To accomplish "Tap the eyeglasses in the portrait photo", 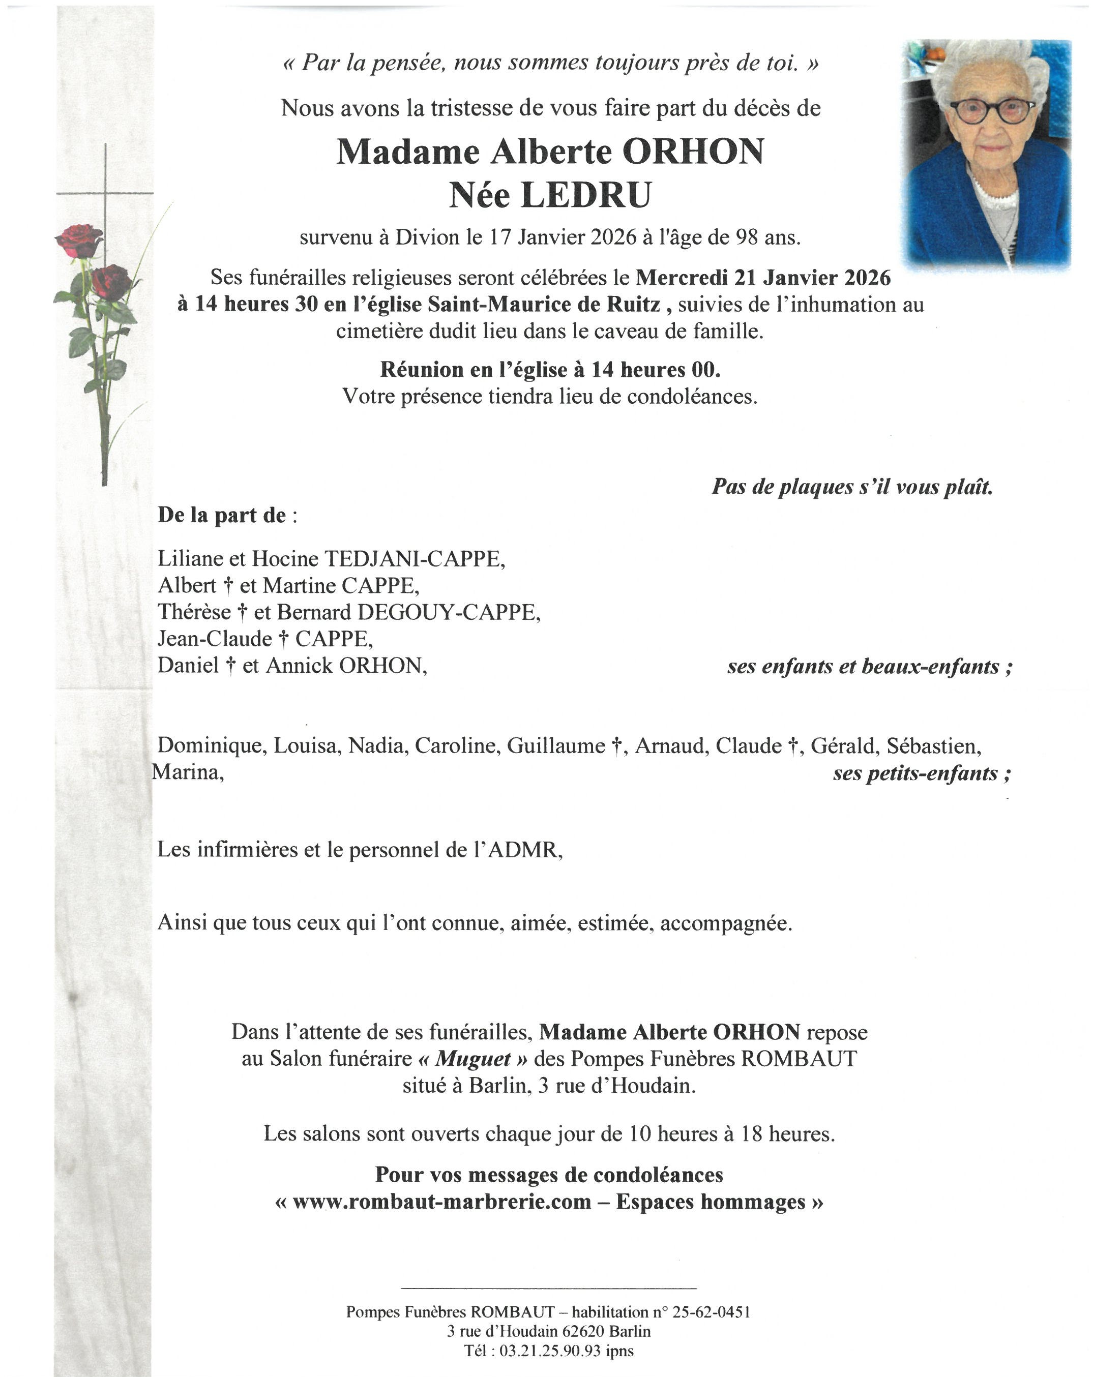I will [992, 110].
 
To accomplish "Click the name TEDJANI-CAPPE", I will [414, 559].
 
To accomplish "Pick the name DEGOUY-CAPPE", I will [449, 612].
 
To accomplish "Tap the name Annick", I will [299, 666].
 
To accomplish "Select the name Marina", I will [187, 772].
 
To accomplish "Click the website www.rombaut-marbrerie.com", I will [441, 1202].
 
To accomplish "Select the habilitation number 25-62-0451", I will [708, 1312].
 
